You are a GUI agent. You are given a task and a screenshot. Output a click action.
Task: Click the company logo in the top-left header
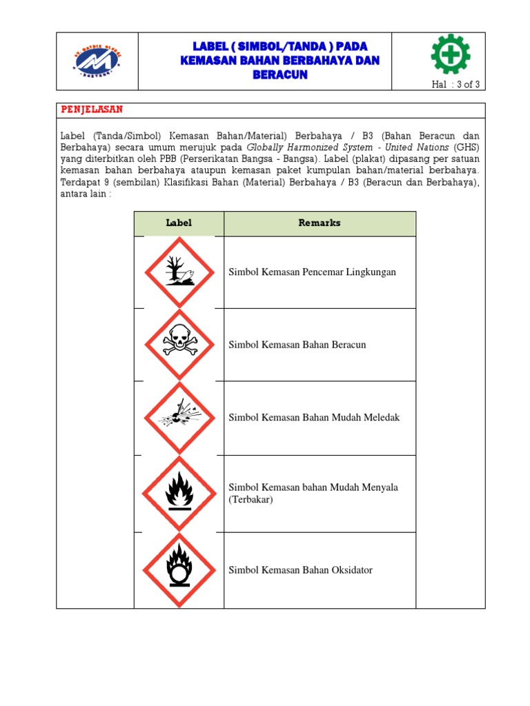(97, 61)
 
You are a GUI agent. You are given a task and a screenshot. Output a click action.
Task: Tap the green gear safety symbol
(450, 54)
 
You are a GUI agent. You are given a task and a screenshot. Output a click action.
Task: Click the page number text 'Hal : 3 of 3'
(455, 85)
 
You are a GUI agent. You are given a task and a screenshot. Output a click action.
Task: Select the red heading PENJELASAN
(92, 110)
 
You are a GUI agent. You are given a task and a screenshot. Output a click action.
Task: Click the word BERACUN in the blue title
(279, 75)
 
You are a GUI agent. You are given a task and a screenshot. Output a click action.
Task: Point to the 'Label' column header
(179, 223)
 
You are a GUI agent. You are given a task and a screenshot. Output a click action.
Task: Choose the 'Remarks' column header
(320, 223)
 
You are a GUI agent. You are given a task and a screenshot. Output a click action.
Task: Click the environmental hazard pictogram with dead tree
(179, 272)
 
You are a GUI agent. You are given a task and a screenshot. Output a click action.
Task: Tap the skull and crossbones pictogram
(179, 344)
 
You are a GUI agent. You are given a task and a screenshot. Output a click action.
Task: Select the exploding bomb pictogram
(179, 418)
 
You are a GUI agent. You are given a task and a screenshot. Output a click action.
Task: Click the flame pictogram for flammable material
(179, 493)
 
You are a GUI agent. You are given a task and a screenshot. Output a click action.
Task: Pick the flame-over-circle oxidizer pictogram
(179, 569)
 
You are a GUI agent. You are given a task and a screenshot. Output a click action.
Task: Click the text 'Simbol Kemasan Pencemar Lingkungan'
(312, 272)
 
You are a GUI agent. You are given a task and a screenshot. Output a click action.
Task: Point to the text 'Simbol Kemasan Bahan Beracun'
(297, 345)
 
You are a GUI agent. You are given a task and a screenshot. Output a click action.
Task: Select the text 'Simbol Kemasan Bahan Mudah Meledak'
(314, 418)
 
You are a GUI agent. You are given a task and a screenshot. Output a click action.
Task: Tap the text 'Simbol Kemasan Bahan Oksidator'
(300, 570)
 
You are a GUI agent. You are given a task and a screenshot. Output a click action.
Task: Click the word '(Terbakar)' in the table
(251, 500)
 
